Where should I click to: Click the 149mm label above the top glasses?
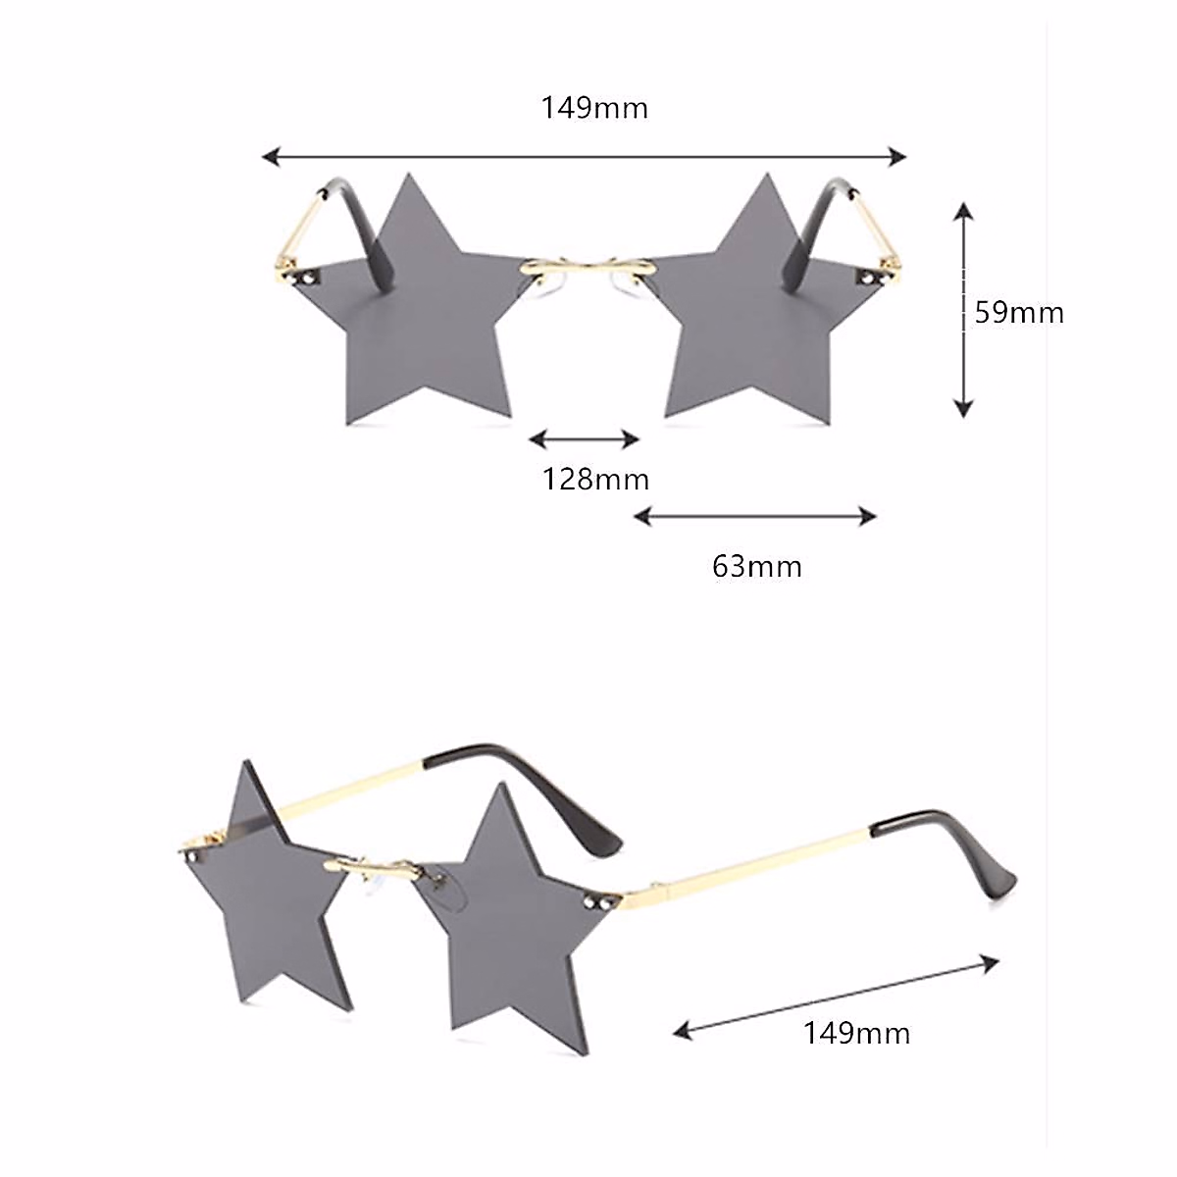(594, 107)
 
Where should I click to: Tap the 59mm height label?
(1018, 312)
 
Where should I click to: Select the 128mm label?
(595, 480)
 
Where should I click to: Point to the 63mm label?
(756, 566)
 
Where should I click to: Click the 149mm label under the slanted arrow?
(856, 1033)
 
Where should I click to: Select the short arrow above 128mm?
(585, 438)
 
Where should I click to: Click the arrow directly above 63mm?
(754, 516)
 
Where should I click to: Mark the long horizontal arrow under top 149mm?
(585, 156)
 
